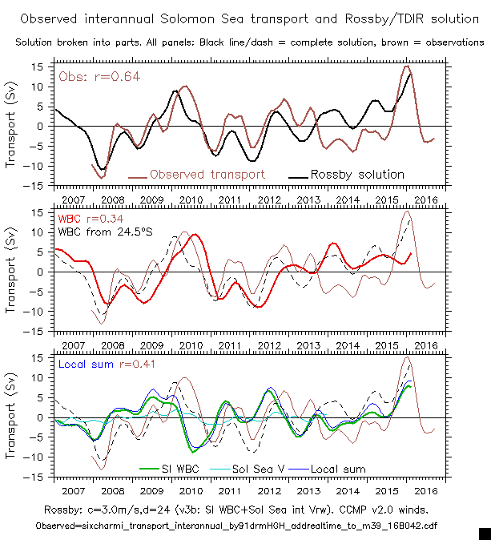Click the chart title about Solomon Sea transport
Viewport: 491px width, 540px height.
(x=245, y=17)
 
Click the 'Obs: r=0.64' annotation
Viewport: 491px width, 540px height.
(x=90, y=76)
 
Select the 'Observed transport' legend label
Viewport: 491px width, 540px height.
(x=207, y=174)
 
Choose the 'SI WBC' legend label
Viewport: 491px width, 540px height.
(x=170, y=469)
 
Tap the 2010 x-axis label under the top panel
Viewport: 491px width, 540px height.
(x=189, y=198)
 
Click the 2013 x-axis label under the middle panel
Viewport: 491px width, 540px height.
(x=307, y=344)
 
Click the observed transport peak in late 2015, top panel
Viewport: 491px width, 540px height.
(x=408, y=66)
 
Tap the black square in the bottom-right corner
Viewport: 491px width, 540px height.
(x=484, y=533)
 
